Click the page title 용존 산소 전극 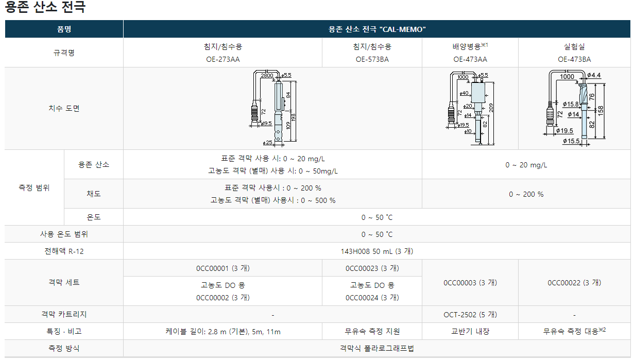tap(45, 8)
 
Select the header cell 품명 tap(64, 29)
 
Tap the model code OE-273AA tap(222, 59)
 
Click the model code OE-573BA tap(372, 59)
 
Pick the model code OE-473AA tap(470, 59)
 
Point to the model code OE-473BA tap(574, 59)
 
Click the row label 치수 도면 tap(64, 109)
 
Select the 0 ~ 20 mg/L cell tap(526, 165)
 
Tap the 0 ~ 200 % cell tap(526, 194)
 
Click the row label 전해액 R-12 tap(64, 251)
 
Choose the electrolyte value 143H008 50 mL tap(377, 251)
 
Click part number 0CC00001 tap(222, 268)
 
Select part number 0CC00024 tap(372, 298)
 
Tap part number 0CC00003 tap(470, 283)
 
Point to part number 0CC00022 tap(574, 283)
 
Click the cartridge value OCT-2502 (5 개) tap(470, 315)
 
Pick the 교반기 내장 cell tap(470, 332)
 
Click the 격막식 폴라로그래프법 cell tap(377, 348)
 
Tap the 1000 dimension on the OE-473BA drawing tap(567, 76)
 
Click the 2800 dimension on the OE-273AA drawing tap(267, 75)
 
